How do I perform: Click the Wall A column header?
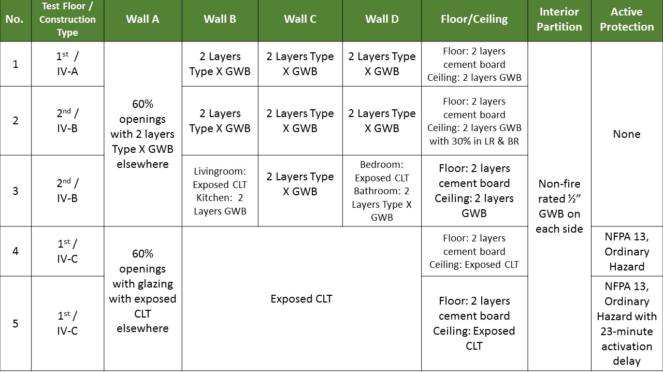142,20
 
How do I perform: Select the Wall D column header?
382,20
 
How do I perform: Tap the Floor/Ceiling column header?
474,20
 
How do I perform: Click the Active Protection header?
627,20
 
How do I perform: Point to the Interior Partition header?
559,20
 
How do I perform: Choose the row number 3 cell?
16,191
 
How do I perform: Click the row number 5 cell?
16,323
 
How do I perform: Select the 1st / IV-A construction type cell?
67,64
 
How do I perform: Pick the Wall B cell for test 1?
220,64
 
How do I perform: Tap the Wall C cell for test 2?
300,120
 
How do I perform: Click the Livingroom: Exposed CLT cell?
220,191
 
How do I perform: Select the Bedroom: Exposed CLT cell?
382,191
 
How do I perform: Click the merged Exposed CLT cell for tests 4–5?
301,299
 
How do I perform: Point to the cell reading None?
627,134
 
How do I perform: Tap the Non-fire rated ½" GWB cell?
559,206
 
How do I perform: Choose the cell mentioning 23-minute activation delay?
627,323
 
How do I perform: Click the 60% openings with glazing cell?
142,291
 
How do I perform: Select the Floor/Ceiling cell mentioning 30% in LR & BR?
474,121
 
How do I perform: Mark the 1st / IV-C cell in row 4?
67,251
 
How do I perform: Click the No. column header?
16,20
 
